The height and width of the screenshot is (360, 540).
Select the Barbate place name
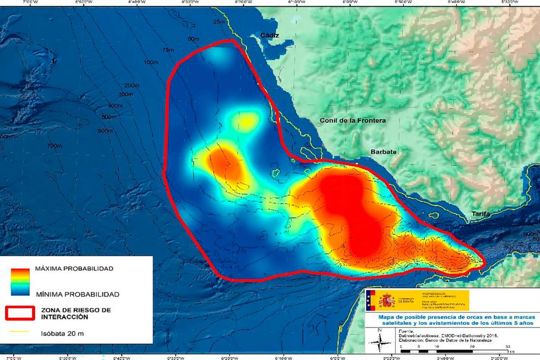click(x=383, y=152)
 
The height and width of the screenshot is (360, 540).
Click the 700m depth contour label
click(x=54, y=146)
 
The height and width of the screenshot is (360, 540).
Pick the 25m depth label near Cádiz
click(x=219, y=22)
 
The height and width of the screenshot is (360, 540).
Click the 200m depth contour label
click(x=131, y=85)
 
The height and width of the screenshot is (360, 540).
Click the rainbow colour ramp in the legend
click(x=20, y=281)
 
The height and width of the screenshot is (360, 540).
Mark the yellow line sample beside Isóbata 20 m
click(x=19, y=333)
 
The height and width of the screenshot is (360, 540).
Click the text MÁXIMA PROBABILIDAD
click(x=74, y=269)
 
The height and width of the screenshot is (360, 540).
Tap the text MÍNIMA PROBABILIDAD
click(x=77, y=294)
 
